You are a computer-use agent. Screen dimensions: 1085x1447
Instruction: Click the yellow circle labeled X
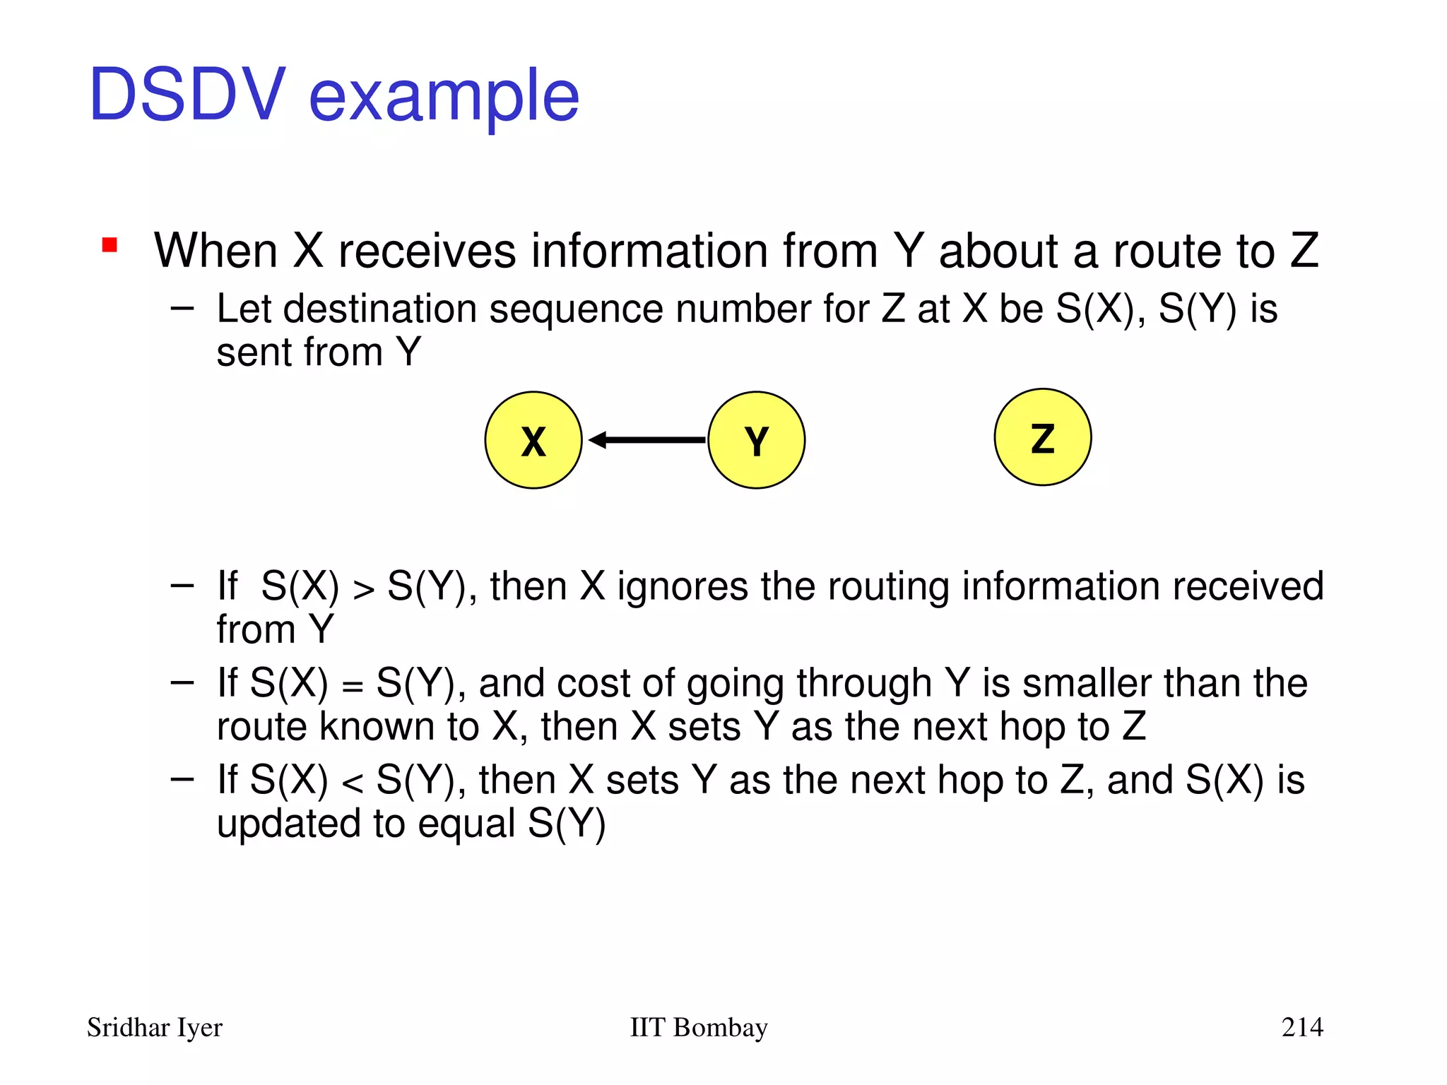533,440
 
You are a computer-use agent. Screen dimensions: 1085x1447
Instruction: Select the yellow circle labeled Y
756,440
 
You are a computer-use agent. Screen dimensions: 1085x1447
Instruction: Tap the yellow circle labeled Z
1042,437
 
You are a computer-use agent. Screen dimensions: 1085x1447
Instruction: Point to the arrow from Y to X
646,440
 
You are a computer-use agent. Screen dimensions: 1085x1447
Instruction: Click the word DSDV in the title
187,95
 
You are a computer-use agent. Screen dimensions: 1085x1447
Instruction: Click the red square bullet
110,245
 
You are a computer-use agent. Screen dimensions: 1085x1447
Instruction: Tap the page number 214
1301,1027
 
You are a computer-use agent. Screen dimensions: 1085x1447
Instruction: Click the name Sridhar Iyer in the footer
154,1028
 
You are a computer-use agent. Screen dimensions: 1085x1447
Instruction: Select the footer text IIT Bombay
698,1028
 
